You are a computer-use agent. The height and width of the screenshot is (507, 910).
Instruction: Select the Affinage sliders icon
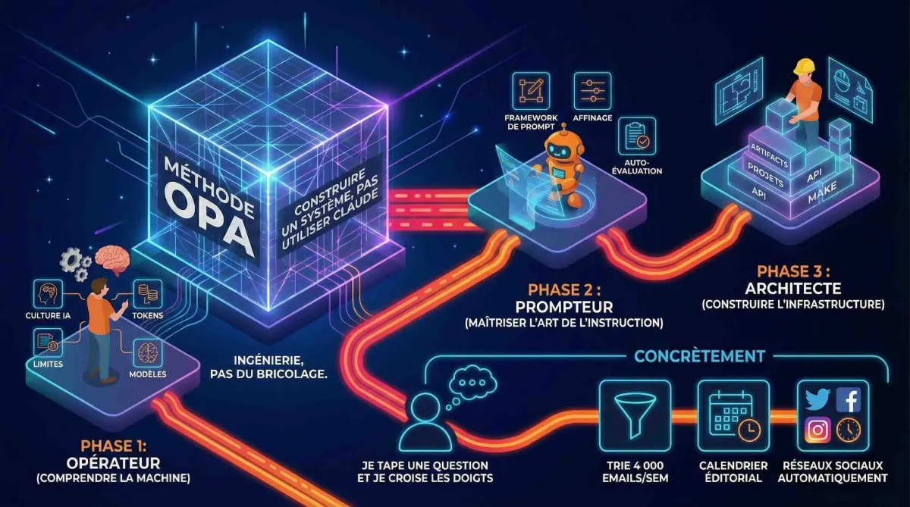[592, 89]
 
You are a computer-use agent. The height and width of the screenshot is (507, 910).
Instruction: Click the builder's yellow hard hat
[803, 67]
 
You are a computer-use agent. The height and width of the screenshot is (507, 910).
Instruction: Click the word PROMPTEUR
[563, 307]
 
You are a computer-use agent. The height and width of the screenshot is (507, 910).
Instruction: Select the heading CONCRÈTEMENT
[699, 355]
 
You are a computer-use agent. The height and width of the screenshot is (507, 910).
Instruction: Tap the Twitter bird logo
[818, 399]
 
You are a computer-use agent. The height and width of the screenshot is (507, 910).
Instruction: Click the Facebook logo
[848, 399]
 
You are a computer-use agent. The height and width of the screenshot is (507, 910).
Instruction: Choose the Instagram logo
[818, 430]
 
